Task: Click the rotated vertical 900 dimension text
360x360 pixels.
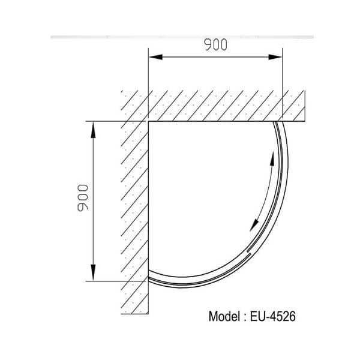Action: [x=83, y=197]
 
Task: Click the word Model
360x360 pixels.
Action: [x=223, y=316]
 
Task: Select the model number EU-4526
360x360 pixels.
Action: [x=274, y=316]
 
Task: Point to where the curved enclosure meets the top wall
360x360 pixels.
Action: [x=277, y=122]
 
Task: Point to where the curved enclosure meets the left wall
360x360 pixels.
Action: [x=148, y=279]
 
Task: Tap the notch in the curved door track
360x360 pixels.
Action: [x=249, y=251]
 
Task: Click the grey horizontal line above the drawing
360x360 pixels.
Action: [x=180, y=37]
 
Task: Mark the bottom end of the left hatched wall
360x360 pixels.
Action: [x=134, y=313]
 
